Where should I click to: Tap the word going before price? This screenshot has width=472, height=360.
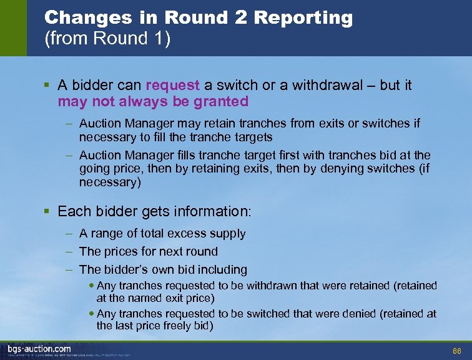tap(98, 169)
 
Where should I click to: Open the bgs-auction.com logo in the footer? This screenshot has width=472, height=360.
tap(39, 349)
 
